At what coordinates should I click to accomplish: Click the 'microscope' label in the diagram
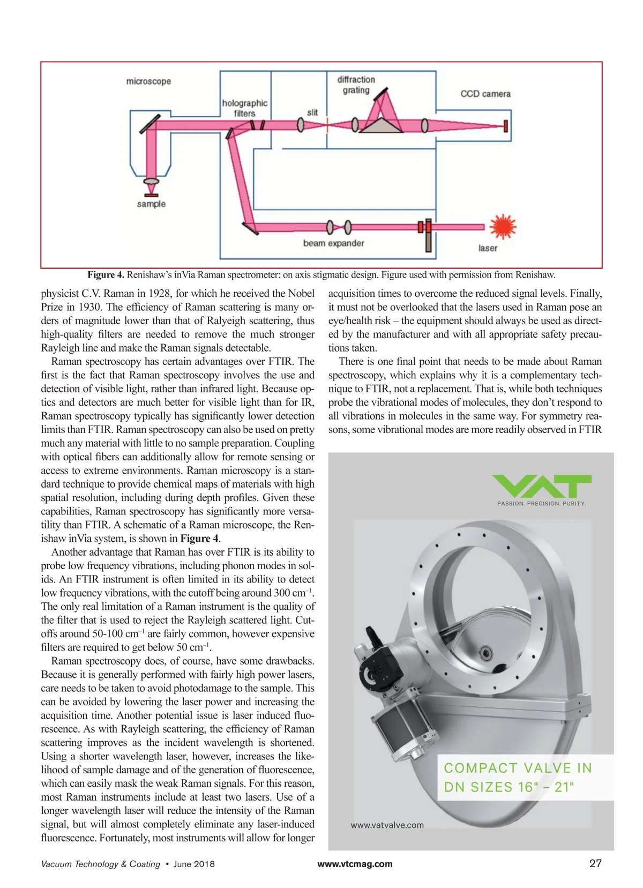[148, 81]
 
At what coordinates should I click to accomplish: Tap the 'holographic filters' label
[244, 108]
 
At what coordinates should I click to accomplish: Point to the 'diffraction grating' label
[356, 85]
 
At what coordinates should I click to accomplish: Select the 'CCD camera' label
[485, 94]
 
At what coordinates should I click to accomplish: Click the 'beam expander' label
[333, 243]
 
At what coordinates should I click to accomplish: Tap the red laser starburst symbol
[503, 226]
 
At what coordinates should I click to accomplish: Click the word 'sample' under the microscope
[151, 204]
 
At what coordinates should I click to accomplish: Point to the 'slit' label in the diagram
[312, 113]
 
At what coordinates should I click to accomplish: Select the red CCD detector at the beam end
[506, 126]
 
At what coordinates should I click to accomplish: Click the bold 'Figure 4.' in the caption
[106, 275]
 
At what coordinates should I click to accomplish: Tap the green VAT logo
[542, 486]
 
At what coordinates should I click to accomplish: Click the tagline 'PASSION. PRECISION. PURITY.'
[542, 504]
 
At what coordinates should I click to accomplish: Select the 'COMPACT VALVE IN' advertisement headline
[518, 768]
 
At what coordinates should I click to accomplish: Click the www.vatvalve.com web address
[387, 825]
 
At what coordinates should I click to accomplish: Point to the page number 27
[595, 863]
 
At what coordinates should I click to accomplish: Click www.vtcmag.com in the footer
[355, 864]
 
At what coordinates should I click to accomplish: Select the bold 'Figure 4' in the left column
[199, 539]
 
